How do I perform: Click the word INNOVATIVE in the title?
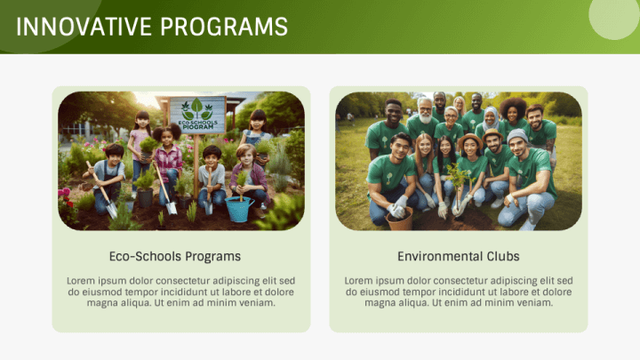click(82, 27)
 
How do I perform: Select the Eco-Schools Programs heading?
click(174, 256)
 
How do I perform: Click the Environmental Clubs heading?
click(458, 256)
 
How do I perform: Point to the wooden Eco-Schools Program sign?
click(196, 115)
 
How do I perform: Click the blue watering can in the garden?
click(238, 210)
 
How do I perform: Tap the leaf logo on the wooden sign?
click(196, 108)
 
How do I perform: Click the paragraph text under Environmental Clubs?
click(458, 292)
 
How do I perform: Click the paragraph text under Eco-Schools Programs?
click(180, 292)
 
